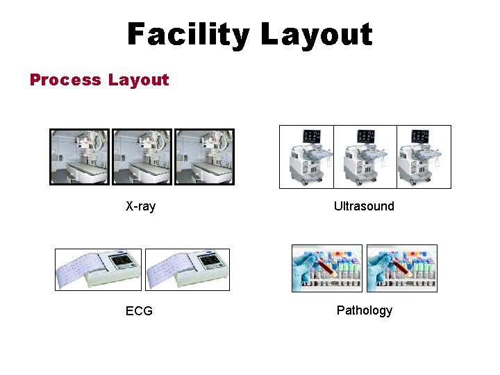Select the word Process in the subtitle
click(x=65, y=80)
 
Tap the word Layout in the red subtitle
click(x=138, y=80)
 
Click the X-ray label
click(x=140, y=206)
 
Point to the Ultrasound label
click(x=364, y=206)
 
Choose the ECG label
click(x=139, y=310)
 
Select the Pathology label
click(x=365, y=310)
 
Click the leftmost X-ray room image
click(x=80, y=157)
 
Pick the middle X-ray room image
click(x=142, y=157)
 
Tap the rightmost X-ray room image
click(x=204, y=157)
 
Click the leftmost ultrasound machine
click(x=306, y=157)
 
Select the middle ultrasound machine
click(x=365, y=157)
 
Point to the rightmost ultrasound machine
click(x=423, y=157)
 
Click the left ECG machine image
click(x=99, y=269)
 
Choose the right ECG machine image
click(x=187, y=269)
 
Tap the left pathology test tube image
click(x=327, y=268)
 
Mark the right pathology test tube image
click(x=401, y=268)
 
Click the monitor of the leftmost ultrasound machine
click(x=310, y=135)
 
